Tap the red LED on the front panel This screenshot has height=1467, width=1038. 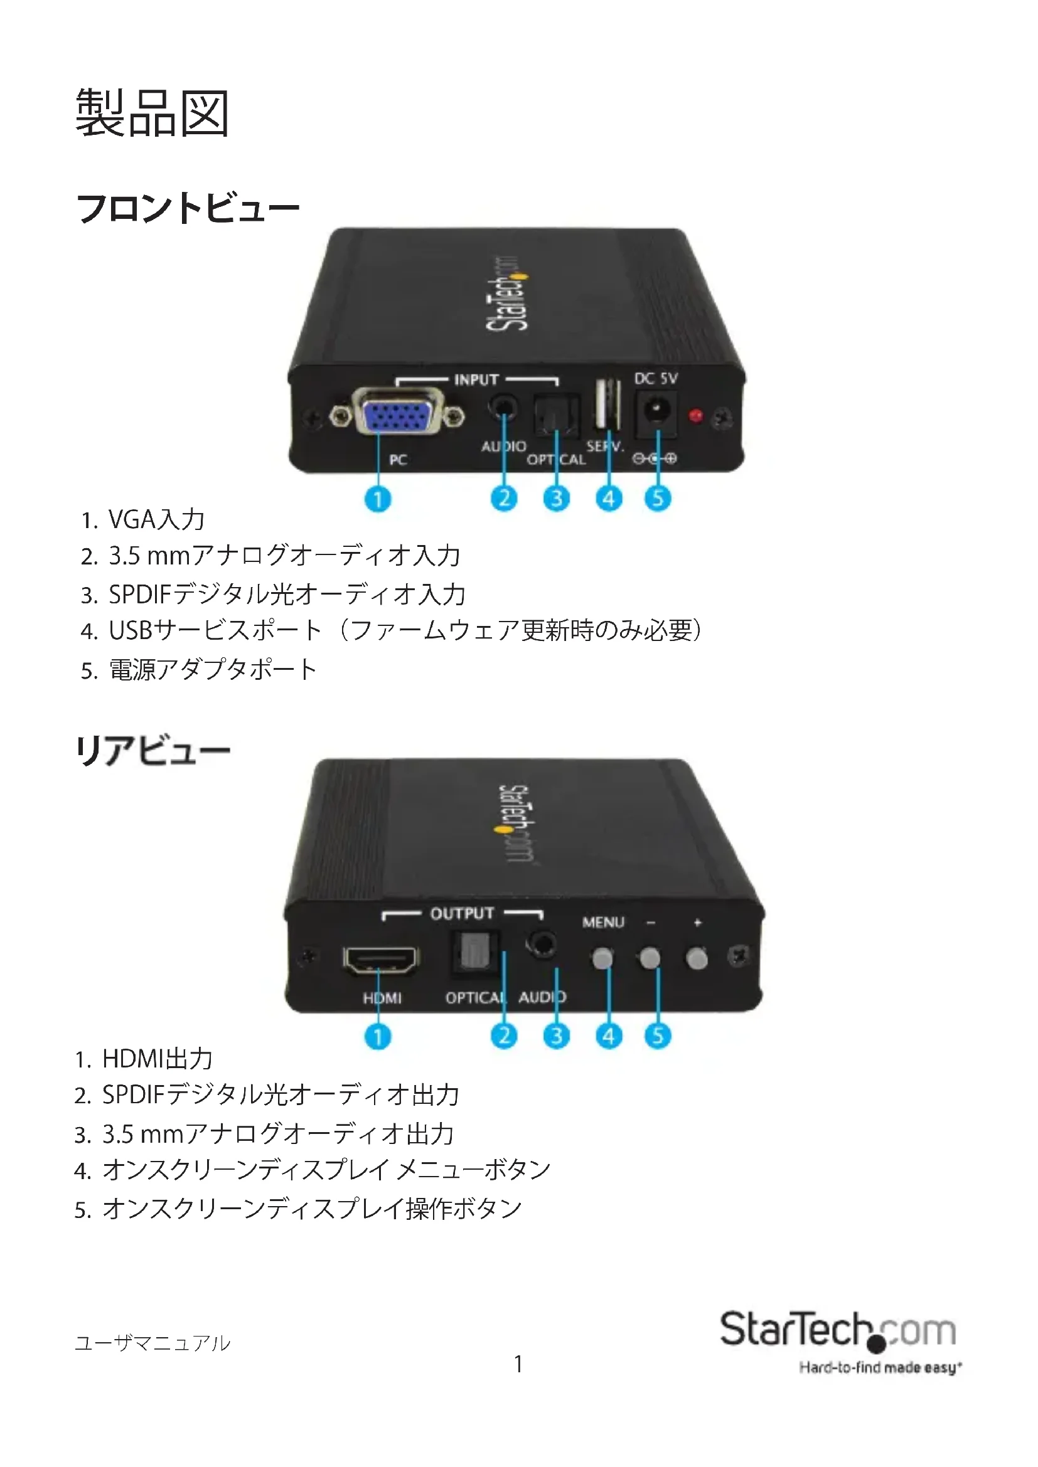(x=696, y=416)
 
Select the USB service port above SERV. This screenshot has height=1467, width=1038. (x=607, y=405)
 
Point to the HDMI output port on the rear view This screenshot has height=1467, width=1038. (x=381, y=960)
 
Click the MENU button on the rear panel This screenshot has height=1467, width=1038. (x=602, y=958)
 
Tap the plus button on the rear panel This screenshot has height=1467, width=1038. (x=697, y=958)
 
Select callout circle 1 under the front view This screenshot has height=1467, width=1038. (x=378, y=499)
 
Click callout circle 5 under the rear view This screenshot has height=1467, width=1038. (x=658, y=1035)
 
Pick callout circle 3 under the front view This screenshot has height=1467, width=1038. (x=556, y=499)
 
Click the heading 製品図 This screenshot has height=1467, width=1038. (x=152, y=113)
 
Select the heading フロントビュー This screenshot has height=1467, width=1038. (x=188, y=208)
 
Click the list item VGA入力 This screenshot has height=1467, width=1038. (x=156, y=519)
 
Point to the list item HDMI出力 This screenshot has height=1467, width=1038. (x=158, y=1059)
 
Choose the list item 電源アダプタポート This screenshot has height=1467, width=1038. (x=212, y=670)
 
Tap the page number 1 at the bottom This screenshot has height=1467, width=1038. (x=518, y=1364)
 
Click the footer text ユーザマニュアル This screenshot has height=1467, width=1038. (x=152, y=1342)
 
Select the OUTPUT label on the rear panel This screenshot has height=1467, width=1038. (x=461, y=914)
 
